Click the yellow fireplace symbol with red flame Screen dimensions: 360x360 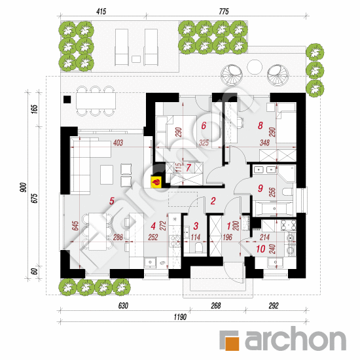[156, 182]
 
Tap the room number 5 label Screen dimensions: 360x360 [111, 201]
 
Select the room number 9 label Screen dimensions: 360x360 [260, 189]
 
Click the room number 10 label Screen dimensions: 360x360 [261, 249]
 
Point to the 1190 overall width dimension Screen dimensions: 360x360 [180, 317]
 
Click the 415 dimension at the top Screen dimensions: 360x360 [101, 11]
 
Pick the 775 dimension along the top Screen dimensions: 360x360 [224, 11]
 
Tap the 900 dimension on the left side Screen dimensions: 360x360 [24, 187]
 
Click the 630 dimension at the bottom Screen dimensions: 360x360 [123, 306]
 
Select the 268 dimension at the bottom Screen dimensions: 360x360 [216, 306]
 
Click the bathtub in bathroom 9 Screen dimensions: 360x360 [273, 209]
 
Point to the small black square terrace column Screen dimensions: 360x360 [67, 99]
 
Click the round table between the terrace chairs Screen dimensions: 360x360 [255, 67]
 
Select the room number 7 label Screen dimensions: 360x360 [189, 168]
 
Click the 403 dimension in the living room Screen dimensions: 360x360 [118, 143]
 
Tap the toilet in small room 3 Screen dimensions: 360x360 [198, 247]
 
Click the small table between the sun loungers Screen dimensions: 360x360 [136, 59]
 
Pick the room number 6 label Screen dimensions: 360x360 [204, 126]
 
